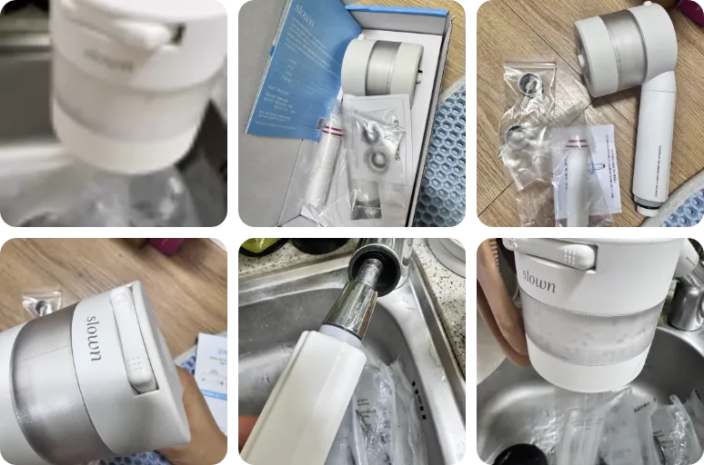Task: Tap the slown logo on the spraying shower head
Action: (x=538, y=279)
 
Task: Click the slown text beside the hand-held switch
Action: (x=95, y=338)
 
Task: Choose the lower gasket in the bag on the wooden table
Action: (x=518, y=136)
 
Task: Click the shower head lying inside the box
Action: (x=382, y=69)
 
